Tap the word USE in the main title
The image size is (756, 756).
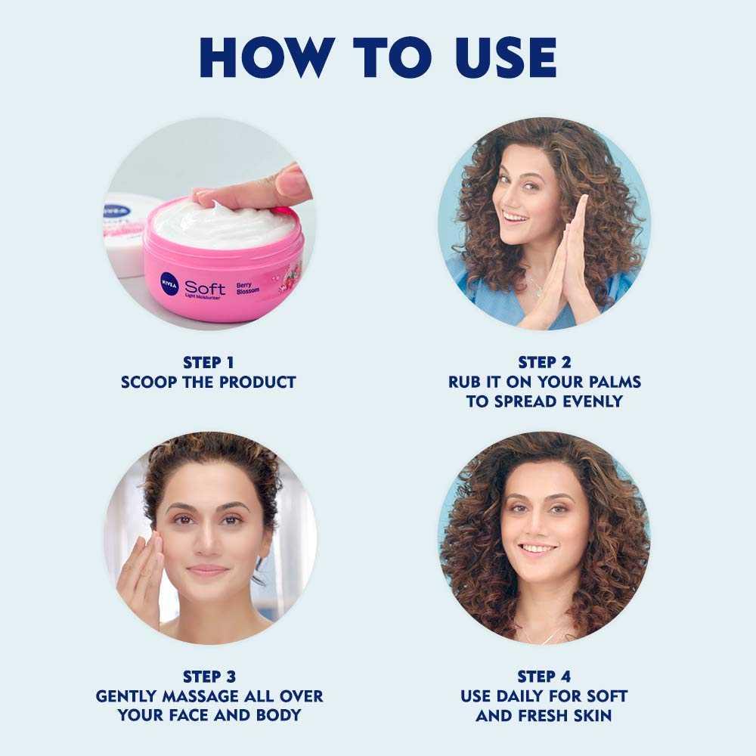coord(506,57)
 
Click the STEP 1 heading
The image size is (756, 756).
coord(209,363)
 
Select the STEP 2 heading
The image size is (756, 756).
coord(544,363)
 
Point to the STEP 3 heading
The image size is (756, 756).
coord(209,677)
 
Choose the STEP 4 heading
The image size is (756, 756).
coord(544,677)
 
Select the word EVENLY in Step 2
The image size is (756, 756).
coord(592,401)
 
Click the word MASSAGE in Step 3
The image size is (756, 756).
coord(200,697)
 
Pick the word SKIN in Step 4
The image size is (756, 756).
coord(593,716)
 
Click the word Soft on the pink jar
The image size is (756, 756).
coord(205,288)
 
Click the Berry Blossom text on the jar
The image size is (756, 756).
coord(247,288)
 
